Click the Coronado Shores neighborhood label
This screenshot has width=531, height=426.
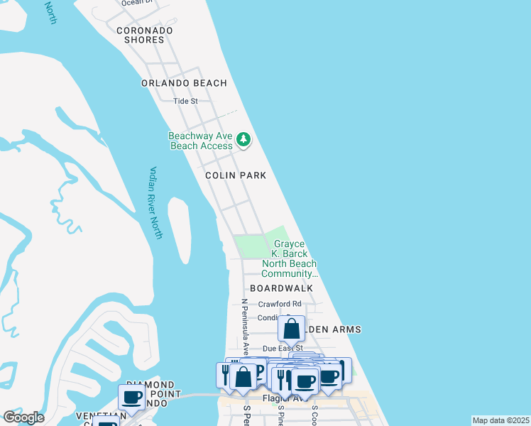[140, 35]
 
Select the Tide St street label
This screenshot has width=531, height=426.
[185, 101]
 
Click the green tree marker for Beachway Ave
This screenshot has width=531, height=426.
[243, 139]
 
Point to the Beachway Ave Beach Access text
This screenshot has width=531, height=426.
[201, 141]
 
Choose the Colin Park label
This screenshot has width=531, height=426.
[235, 175]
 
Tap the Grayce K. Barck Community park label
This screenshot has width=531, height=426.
[289, 258]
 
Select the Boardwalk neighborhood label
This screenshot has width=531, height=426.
[281, 288]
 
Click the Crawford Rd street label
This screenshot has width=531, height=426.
[280, 304]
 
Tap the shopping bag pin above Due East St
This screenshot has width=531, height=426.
[292, 329]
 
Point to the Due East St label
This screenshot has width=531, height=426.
[283, 349]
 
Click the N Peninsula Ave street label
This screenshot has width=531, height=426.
[244, 327]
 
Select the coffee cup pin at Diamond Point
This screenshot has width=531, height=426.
[131, 396]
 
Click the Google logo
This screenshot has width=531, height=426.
[23, 417]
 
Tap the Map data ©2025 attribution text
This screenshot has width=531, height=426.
[500, 420]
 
